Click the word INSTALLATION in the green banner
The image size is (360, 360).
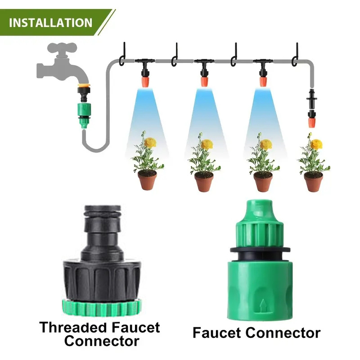(50, 22)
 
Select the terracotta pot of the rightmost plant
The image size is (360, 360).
(313, 181)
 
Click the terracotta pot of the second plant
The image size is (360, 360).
(204, 181)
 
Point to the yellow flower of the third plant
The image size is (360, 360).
(266, 144)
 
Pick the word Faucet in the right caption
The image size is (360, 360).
(221, 333)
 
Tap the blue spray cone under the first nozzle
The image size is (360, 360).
(145, 112)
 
